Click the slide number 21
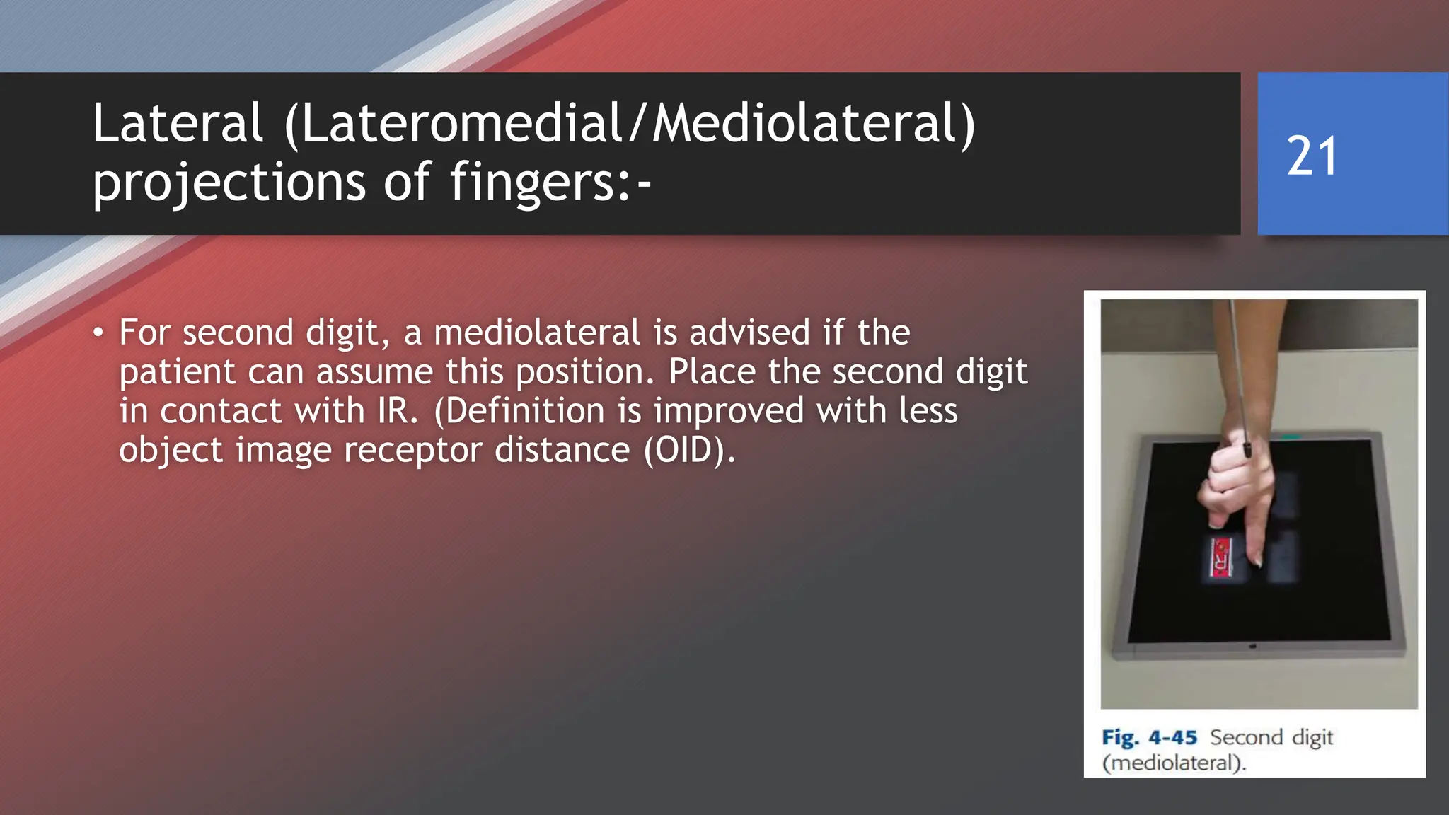(x=1312, y=156)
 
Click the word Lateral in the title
(x=178, y=123)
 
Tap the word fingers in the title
(x=532, y=182)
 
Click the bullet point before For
(x=98, y=333)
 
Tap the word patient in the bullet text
(x=177, y=372)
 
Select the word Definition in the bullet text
(x=530, y=411)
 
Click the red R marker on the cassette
(x=1220, y=557)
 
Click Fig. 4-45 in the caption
(x=1149, y=737)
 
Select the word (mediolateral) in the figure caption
(x=1174, y=763)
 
